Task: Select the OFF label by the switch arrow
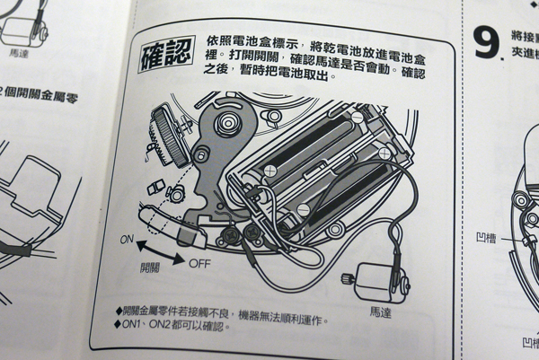pyautogui.click(x=199, y=263)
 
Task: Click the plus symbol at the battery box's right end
pyautogui.click(x=384, y=154)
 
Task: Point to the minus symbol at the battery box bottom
pyautogui.click(x=303, y=210)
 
